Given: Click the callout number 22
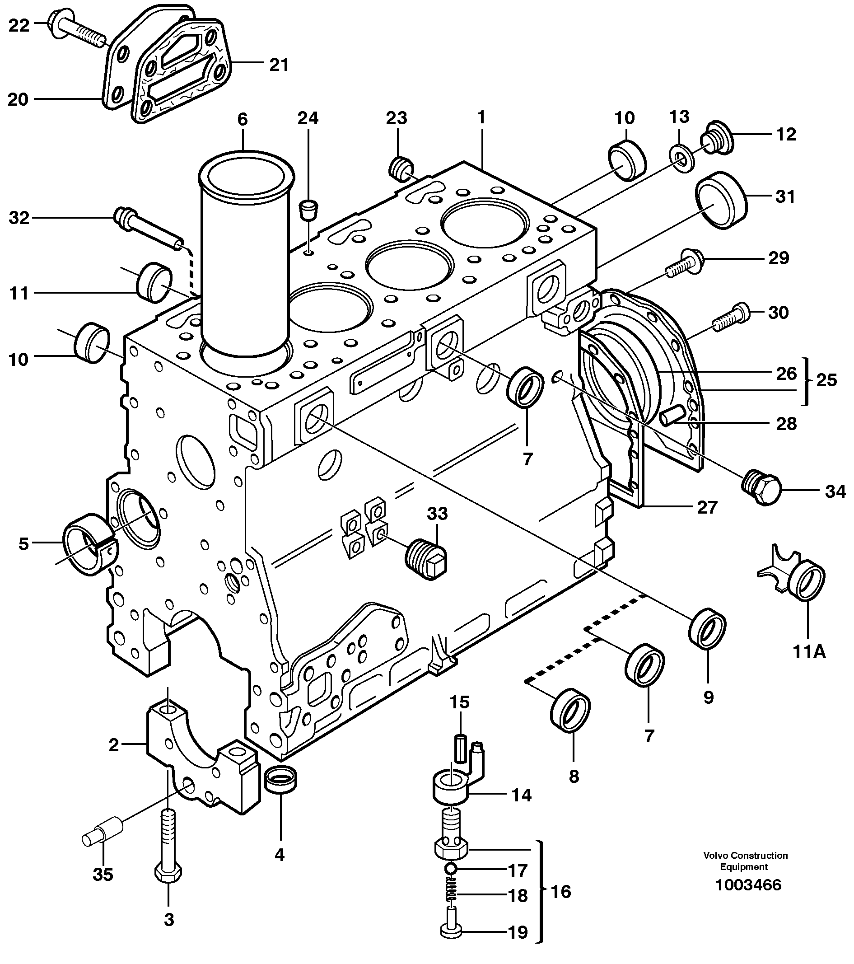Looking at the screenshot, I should pyautogui.click(x=19, y=25).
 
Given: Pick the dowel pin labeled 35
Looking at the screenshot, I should pyautogui.click(x=101, y=835).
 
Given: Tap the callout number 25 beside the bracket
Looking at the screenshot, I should pyautogui.click(x=826, y=379).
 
